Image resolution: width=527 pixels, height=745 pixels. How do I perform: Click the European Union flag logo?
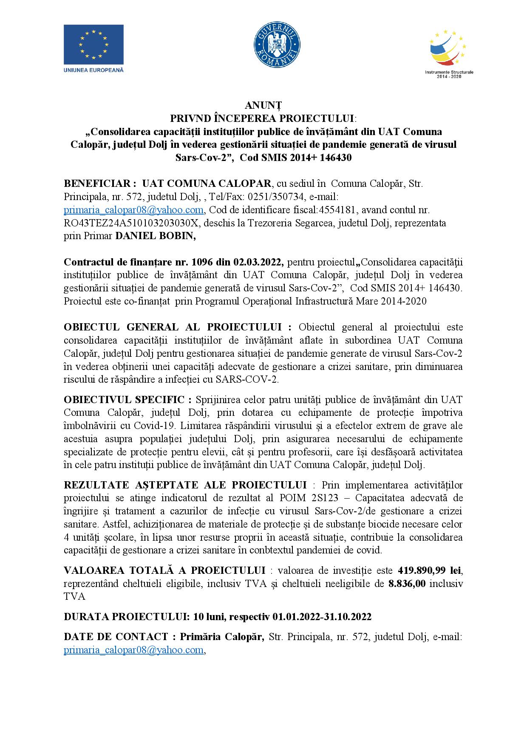click(x=93, y=45)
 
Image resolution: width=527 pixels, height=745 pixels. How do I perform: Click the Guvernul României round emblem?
click(x=277, y=44)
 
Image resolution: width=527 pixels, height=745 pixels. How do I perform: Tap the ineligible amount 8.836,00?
click(x=407, y=584)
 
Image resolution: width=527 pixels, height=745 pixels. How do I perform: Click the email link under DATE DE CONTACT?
click(x=133, y=650)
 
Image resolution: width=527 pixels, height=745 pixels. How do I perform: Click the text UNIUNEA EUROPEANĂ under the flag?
click(x=93, y=69)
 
